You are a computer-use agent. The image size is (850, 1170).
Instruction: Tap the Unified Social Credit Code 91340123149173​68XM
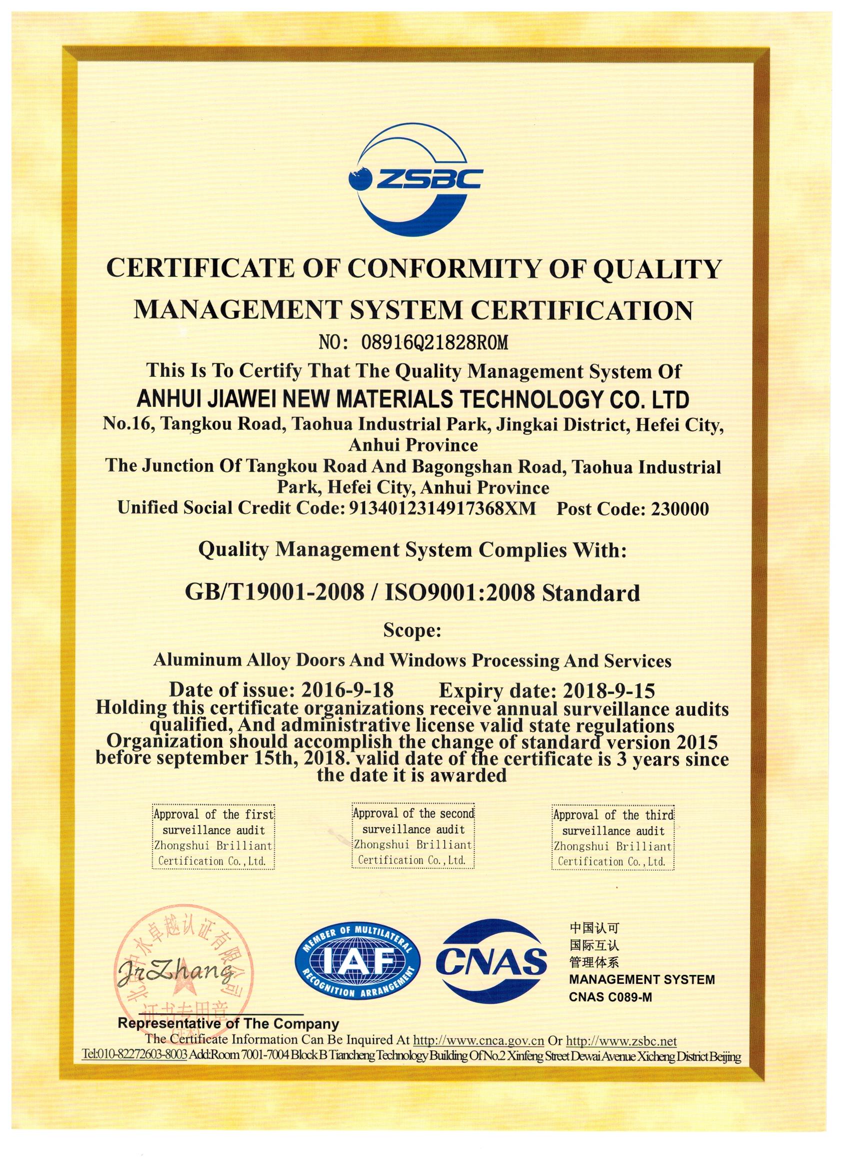coord(442,509)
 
